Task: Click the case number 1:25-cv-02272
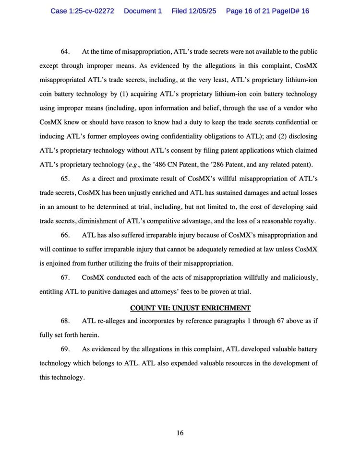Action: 82,11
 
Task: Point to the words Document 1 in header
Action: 143,11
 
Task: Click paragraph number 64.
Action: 65,51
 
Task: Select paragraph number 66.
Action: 65,235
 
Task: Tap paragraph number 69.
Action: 65,349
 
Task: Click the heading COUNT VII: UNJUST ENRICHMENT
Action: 191,308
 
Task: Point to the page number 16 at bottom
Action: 180,433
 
